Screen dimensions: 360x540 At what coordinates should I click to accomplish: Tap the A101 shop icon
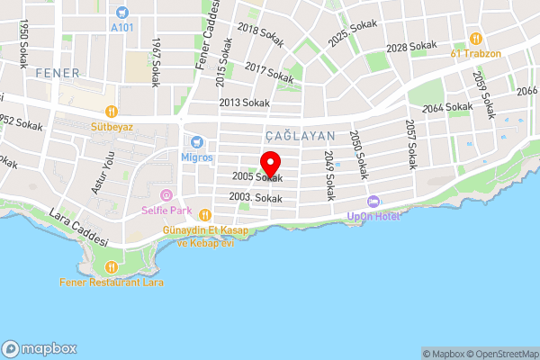[x=122, y=13]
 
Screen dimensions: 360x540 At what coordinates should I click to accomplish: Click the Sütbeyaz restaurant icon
[x=112, y=112]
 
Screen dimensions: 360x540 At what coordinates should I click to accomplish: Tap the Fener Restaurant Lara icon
[x=112, y=266]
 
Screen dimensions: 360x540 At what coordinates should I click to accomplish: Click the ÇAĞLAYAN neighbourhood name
[x=301, y=136]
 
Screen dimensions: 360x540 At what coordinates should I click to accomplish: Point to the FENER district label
[x=58, y=72]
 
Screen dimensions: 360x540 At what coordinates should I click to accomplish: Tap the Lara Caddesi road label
[x=78, y=230]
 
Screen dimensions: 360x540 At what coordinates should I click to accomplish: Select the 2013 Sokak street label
[x=244, y=103]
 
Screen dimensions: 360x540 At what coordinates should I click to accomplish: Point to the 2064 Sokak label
[x=446, y=107]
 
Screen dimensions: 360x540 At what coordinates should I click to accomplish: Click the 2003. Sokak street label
[x=256, y=198]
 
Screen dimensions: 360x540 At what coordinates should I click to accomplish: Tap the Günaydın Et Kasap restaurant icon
[x=205, y=215]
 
